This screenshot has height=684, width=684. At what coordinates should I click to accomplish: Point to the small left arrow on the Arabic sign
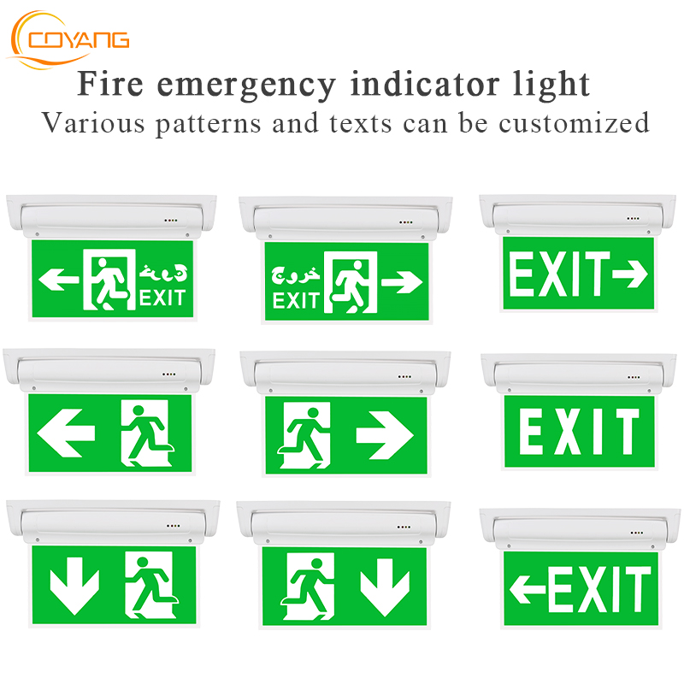click(x=59, y=278)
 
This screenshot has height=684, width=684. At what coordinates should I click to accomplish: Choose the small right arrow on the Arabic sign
click(x=401, y=280)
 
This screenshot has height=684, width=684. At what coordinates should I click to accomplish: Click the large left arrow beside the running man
click(x=67, y=426)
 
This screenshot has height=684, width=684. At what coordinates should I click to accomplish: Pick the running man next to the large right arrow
click(x=304, y=433)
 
